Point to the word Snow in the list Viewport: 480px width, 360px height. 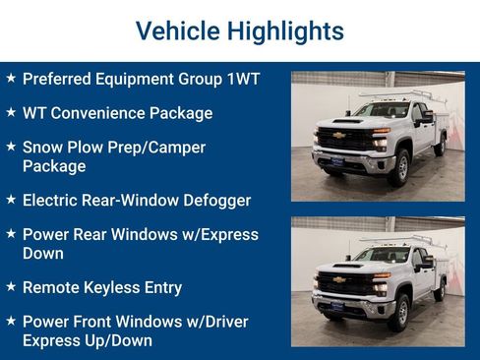(x=42, y=148)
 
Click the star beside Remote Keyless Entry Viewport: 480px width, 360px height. (x=11, y=287)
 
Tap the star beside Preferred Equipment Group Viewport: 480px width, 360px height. (x=11, y=78)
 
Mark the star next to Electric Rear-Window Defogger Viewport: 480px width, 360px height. (x=11, y=200)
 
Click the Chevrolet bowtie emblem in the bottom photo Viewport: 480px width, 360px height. (x=338, y=280)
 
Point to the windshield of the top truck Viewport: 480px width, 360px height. (x=381, y=111)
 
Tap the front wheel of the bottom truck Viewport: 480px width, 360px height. (x=400, y=312)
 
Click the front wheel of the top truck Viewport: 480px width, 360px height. (x=400, y=167)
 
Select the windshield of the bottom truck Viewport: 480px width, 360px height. (x=381, y=256)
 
